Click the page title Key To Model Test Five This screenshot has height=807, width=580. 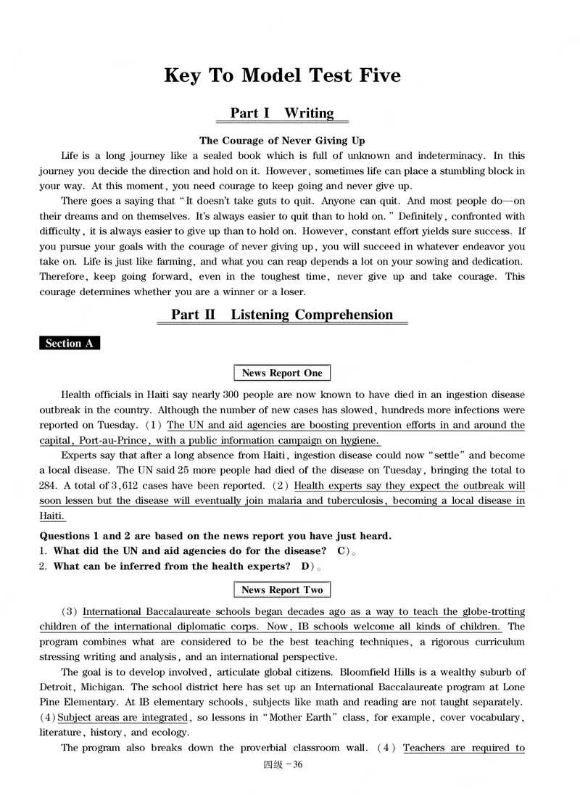[x=282, y=75]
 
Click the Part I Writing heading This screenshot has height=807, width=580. [x=282, y=113]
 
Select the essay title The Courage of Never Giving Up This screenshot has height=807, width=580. [x=282, y=141]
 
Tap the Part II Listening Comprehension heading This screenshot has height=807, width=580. [x=282, y=315]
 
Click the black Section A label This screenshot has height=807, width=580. [x=69, y=344]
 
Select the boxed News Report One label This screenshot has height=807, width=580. [x=282, y=373]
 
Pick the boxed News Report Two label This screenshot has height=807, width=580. [x=282, y=590]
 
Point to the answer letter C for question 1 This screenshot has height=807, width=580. [x=341, y=551]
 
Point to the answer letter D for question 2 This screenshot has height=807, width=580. [x=305, y=566]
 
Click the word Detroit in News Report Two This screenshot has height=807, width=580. [x=56, y=687]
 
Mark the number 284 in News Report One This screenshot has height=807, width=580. [x=49, y=486]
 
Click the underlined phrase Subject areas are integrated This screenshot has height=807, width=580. [x=123, y=717]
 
